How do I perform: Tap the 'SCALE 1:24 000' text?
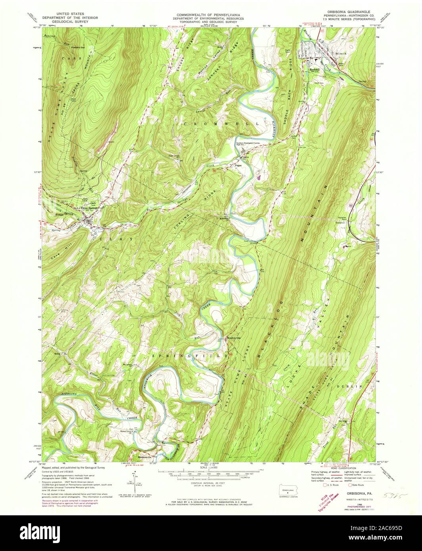coord(210,468)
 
